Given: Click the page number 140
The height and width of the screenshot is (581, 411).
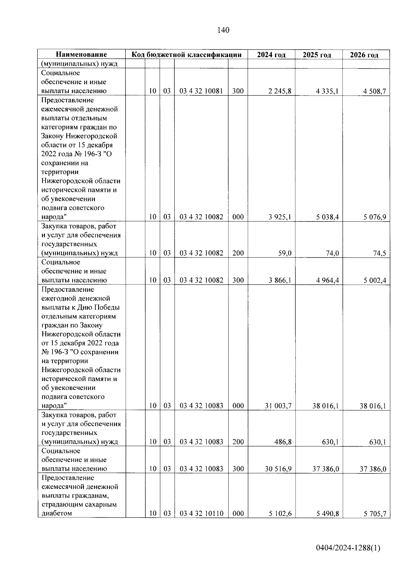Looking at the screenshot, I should tap(223, 30).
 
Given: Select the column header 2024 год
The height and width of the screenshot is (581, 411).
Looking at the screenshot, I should tap(271, 55).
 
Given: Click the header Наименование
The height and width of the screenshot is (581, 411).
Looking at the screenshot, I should tap(81, 54).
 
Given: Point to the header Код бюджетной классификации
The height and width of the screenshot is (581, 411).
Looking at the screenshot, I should tap(187, 54).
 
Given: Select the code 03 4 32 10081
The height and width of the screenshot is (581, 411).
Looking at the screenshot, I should tap(201, 91).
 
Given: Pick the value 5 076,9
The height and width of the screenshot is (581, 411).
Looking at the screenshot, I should tap(375, 217).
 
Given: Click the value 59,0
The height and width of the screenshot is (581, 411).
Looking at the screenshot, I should tap(284, 253).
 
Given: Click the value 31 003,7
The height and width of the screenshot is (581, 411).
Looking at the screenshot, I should tap(278, 406).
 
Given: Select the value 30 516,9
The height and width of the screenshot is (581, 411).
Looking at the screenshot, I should tap(278, 469).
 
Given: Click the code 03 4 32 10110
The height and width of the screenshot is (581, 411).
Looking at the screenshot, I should tap(201, 514).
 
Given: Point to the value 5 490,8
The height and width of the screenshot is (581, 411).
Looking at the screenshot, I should tap(327, 514).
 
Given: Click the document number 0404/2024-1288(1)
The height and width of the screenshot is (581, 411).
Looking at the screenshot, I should tap(348, 548).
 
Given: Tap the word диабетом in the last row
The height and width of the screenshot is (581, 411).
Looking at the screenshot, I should tap(57, 513).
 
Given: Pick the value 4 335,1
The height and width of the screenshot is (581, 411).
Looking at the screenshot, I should tap(327, 91).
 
